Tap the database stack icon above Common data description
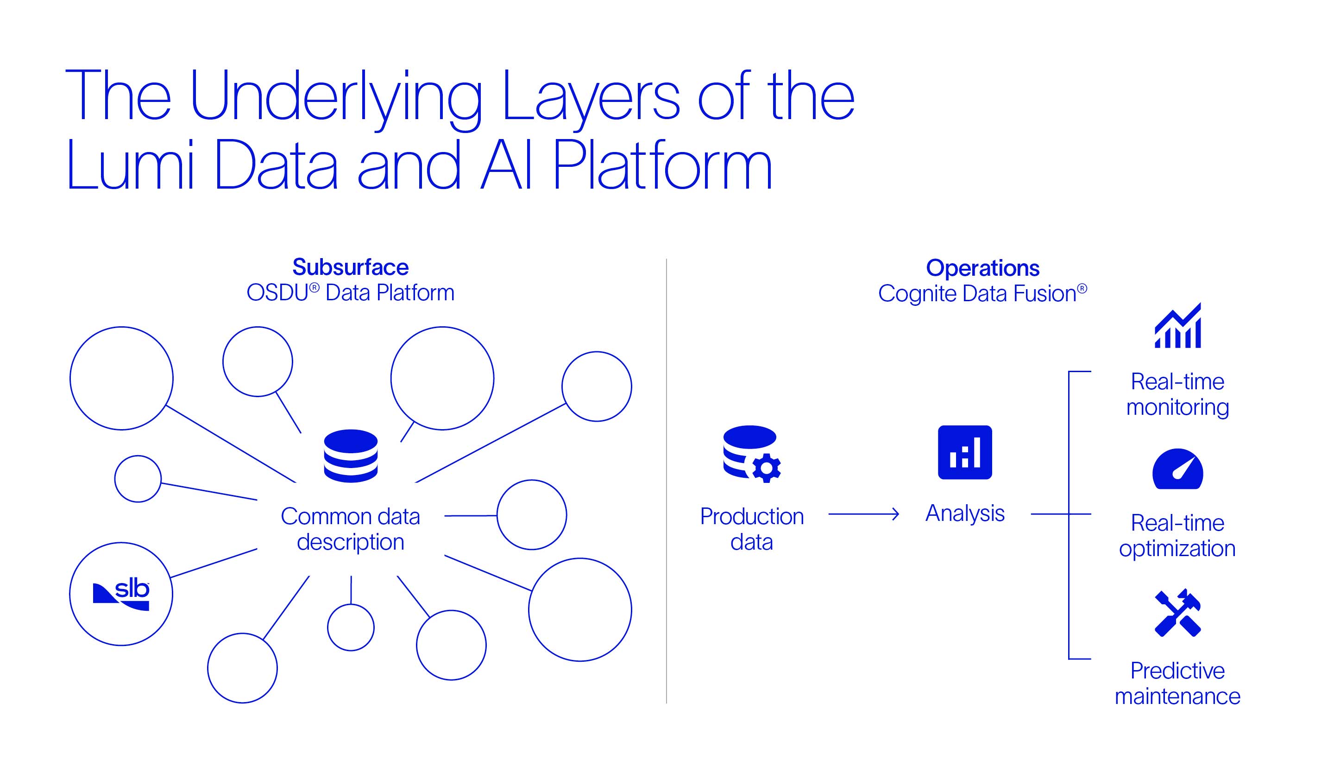(351, 456)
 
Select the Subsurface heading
(351, 267)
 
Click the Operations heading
(982, 268)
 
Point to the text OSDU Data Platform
(351, 293)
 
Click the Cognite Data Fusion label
(982, 293)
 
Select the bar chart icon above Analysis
(964, 452)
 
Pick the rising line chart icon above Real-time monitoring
(1178, 326)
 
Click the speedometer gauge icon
(1178, 469)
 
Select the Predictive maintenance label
(1177, 684)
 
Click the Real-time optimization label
(1177, 536)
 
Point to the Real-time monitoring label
(1177, 394)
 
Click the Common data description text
(351, 529)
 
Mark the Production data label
(752, 529)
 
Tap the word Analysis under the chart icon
(964, 513)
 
